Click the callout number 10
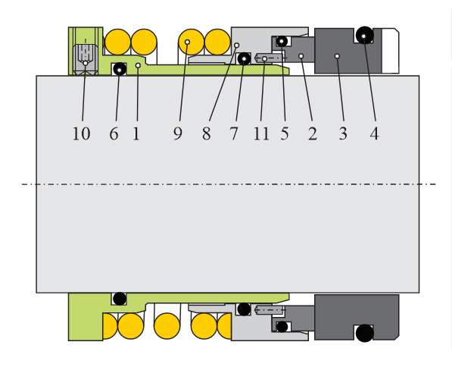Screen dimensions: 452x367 coord(81,133)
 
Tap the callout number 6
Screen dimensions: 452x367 coord(114,133)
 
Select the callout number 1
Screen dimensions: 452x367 coord(136,133)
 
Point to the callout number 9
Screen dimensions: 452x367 coord(178,133)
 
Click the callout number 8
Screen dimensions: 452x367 coord(207,133)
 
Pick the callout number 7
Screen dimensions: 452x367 coord(234,133)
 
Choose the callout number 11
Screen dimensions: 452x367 coord(261,133)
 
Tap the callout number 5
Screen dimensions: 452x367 coord(285,133)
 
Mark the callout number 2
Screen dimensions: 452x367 coord(313,133)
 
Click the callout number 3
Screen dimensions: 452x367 coord(343,133)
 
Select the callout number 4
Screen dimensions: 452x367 coord(374,133)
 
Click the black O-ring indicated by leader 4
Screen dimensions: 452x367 coord(365,35)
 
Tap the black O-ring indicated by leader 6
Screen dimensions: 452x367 coord(120,69)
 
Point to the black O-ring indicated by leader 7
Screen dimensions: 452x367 coord(244,59)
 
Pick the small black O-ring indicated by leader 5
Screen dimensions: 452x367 coord(282,41)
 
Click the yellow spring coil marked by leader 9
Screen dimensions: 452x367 coord(192,42)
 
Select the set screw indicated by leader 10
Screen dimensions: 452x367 coord(85,59)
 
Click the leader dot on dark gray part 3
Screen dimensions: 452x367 coord(337,55)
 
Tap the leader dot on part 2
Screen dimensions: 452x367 coord(301,55)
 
